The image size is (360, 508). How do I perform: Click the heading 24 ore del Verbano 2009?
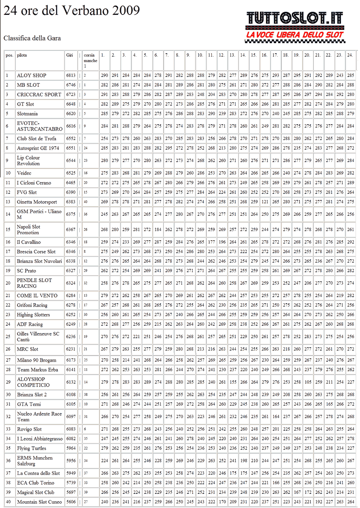tap(72, 10)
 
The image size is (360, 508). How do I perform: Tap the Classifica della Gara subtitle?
tap(32, 38)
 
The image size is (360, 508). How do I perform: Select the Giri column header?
tap(69, 55)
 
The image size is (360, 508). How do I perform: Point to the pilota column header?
tap(22, 55)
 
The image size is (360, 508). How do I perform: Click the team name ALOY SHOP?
tap(31, 75)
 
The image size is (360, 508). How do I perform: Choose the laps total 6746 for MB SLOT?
tap(70, 85)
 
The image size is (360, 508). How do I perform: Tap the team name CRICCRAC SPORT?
tap(39, 95)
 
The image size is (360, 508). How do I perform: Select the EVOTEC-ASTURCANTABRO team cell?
tap(40, 126)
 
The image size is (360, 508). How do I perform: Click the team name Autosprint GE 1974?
tap(38, 148)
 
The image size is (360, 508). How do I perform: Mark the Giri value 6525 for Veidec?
tap(70, 173)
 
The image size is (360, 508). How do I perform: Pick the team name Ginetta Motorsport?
tap(37, 202)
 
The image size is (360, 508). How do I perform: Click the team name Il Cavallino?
tap(29, 242)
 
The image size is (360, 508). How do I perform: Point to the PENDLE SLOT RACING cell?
tap(34, 283)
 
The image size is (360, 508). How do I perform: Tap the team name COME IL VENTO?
tap(37, 296)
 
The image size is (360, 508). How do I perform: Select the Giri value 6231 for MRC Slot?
tap(70, 349)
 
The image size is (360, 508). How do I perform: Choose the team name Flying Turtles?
tap(31, 448)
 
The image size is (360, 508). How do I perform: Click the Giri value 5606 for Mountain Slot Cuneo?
tap(70, 502)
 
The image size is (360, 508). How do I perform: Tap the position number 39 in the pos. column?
tap(8, 492)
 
